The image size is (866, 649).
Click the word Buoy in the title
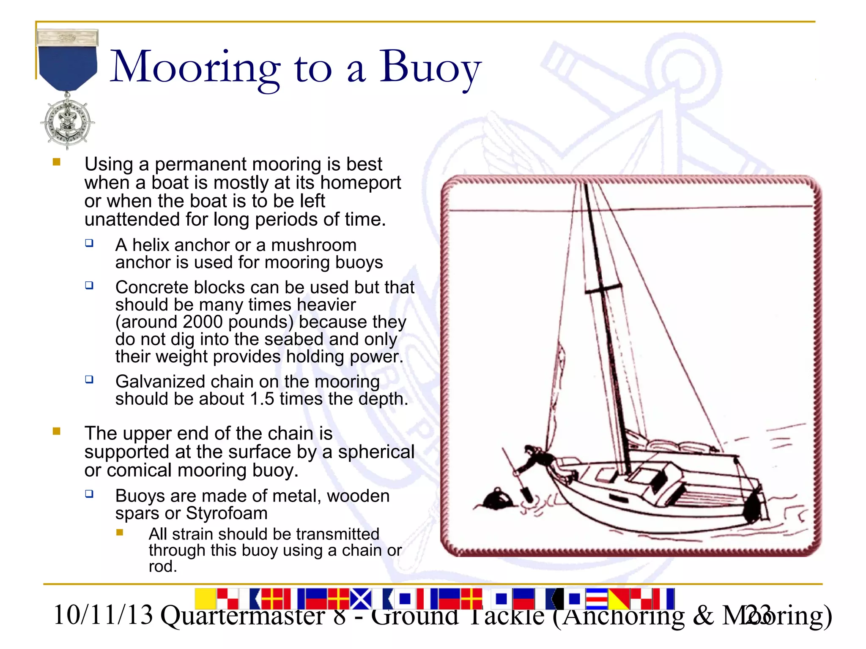[430, 68]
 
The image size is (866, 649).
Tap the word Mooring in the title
[195, 68]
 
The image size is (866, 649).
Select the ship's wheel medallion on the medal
[68, 122]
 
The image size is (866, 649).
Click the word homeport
[360, 183]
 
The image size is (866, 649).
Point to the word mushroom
[314, 245]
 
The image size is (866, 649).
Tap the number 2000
[203, 322]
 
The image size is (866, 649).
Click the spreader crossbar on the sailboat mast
[603, 288]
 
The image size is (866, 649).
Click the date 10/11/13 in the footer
[103, 615]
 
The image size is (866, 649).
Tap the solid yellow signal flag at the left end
[205, 599]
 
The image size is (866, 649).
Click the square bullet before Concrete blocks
[89, 285]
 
